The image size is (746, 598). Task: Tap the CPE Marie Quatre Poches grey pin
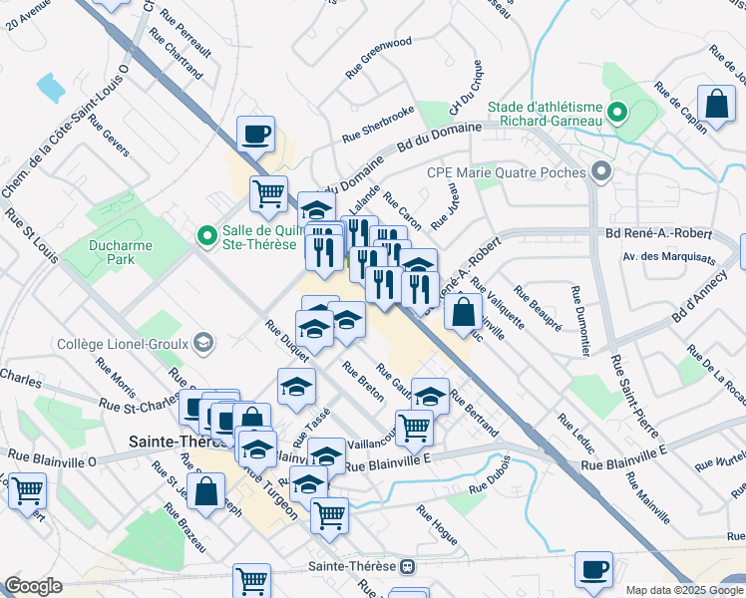click(x=600, y=172)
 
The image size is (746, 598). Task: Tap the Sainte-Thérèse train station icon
click(x=407, y=566)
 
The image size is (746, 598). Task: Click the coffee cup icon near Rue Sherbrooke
click(x=256, y=133)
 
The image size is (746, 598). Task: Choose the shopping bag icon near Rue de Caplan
click(x=716, y=104)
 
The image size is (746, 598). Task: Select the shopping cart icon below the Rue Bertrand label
click(x=414, y=428)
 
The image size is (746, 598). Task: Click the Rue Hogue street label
click(x=437, y=526)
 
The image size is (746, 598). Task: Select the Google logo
click(x=33, y=586)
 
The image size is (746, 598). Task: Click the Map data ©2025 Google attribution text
click(x=683, y=590)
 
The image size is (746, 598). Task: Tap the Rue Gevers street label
click(x=108, y=136)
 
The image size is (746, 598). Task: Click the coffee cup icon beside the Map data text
click(x=594, y=568)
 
